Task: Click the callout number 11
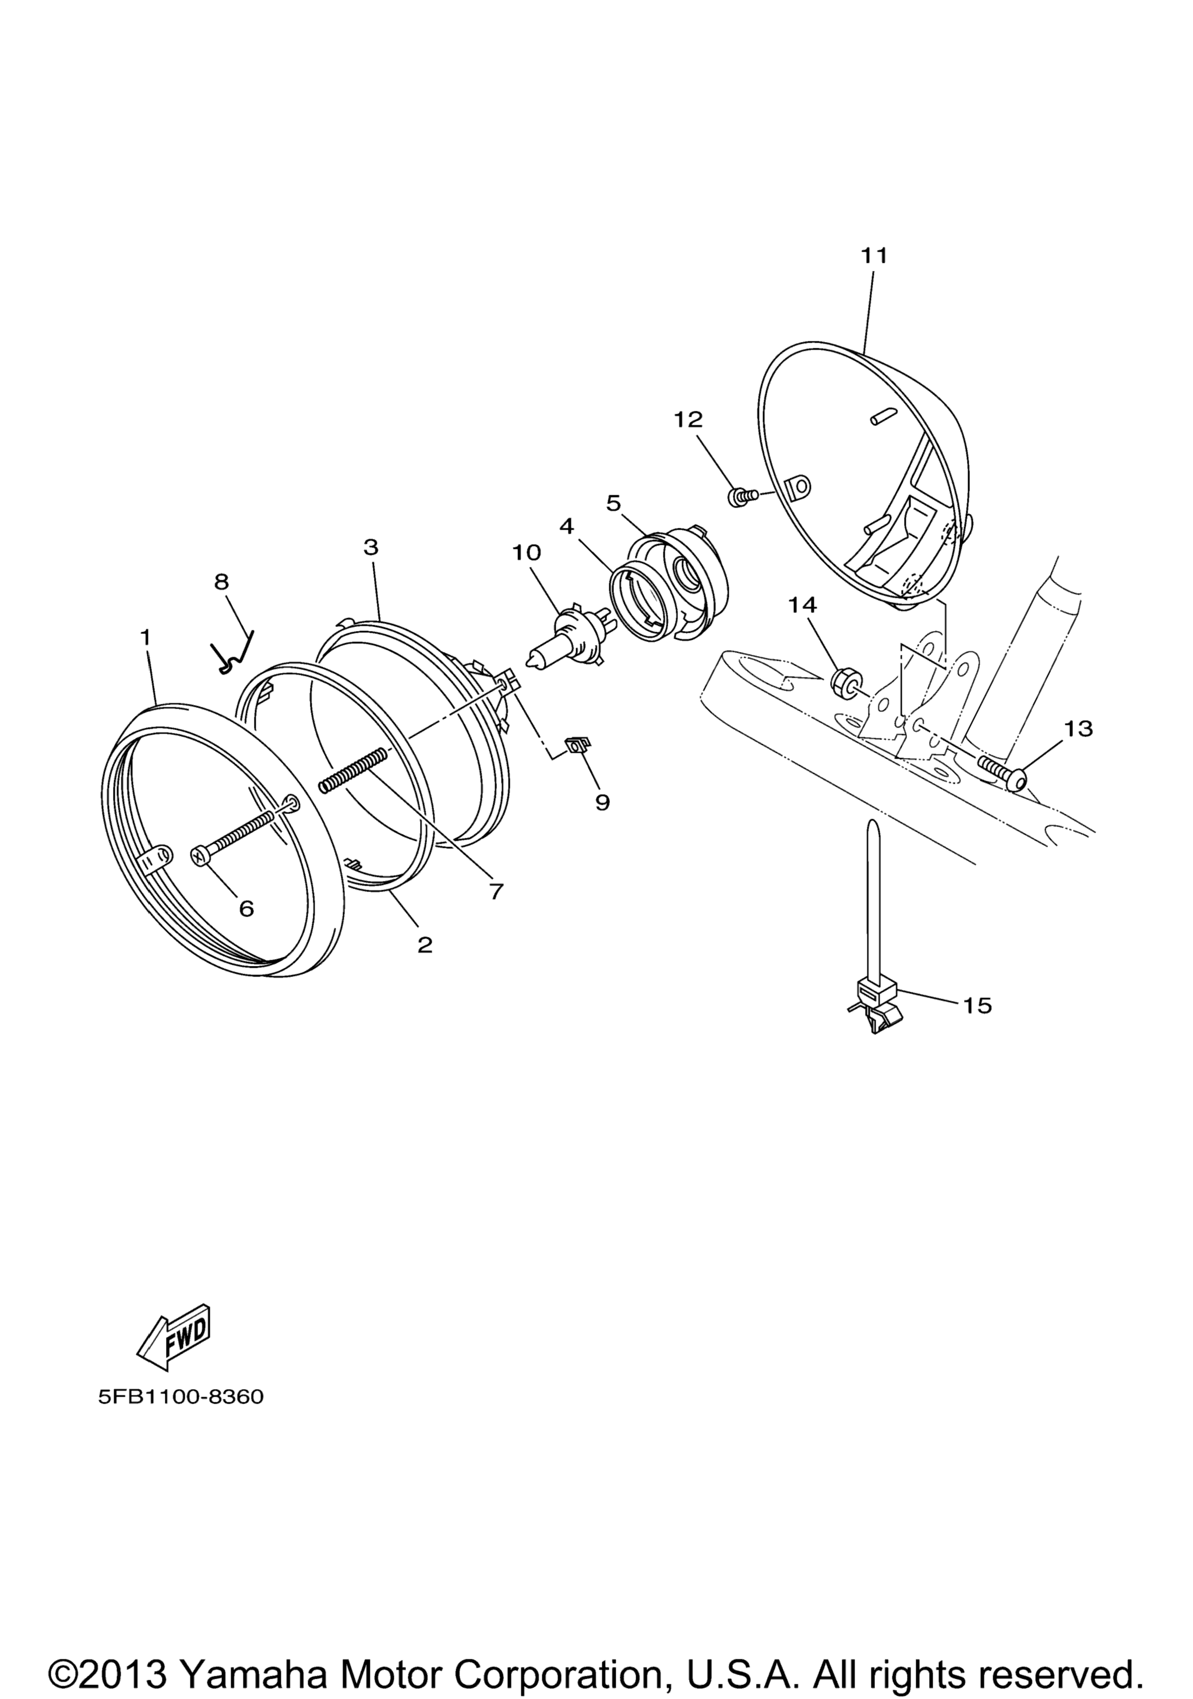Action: [873, 255]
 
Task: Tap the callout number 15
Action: [977, 1006]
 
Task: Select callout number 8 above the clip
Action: [222, 581]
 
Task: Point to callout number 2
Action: [425, 945]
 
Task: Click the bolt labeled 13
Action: [1002, 772]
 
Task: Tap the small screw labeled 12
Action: [742, 496]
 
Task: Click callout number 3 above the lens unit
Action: [370, 547]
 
